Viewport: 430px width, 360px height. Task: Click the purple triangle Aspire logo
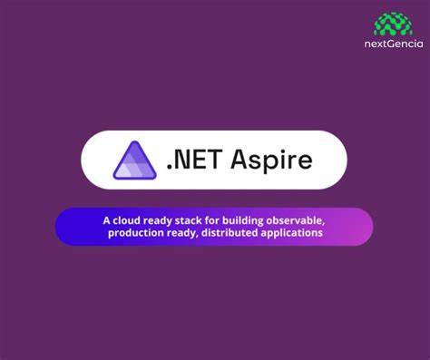point(134,161)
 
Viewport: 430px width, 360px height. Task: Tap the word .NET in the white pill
point(192,161)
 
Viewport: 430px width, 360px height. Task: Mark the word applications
point(292,233)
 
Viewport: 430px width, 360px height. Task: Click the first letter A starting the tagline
point(105,219)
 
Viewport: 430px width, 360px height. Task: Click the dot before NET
point(171,169)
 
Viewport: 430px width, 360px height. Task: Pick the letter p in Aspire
point(269,164)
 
